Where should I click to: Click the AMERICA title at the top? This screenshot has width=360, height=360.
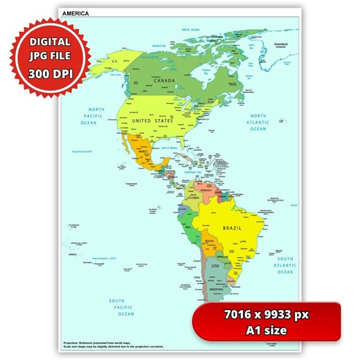[x=75, y=13]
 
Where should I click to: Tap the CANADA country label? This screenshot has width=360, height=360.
[x=163, y=80]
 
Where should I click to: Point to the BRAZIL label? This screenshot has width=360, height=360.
[x=232, y=228]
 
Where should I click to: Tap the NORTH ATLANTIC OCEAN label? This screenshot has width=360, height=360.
[x=258, y=122]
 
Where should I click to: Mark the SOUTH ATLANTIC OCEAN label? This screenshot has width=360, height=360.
[x=285, y=265]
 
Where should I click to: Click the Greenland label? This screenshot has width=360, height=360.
[x=280, y=42]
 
